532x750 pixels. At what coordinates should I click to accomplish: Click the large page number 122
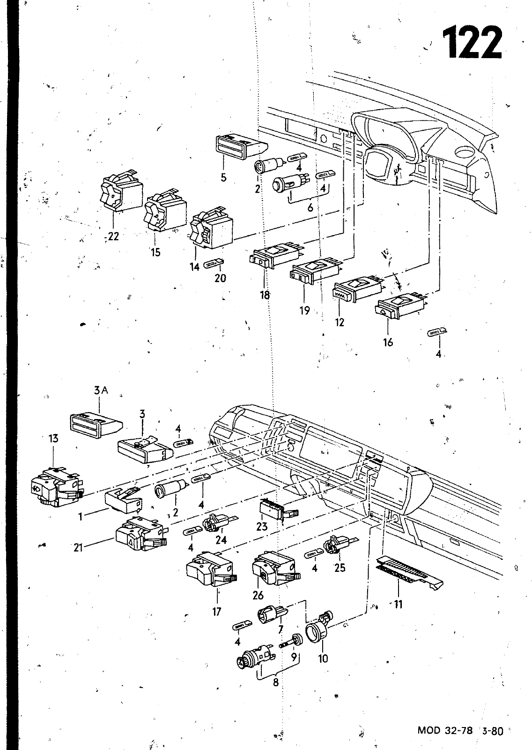coord(472,42)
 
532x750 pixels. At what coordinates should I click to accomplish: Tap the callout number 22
coord(113,237)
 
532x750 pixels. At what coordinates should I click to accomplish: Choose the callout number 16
coord(388,342)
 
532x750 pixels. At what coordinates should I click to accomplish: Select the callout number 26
coord(258,595)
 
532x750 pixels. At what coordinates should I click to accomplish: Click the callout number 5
coord(223,177)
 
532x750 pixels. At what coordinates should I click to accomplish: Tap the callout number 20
coord(220,278)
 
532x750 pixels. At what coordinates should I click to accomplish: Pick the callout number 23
coord(262,526)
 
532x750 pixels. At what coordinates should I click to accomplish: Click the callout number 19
coord(305,310)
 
